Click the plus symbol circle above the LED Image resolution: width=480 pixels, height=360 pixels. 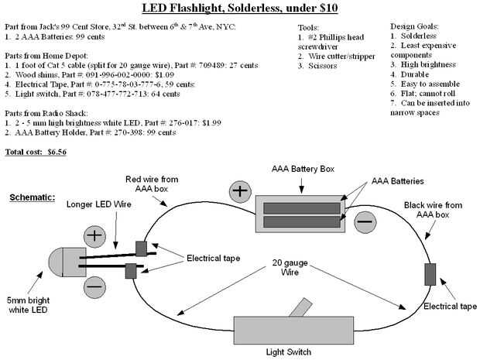[94, 235]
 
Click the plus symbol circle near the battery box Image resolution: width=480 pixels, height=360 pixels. [239, 190]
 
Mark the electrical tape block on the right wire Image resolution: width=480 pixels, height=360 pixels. [430, 274]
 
